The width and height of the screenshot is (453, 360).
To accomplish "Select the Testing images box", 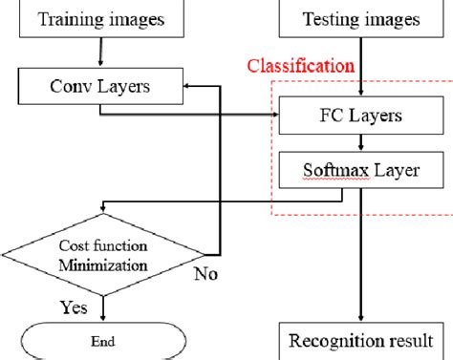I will pos(359,17).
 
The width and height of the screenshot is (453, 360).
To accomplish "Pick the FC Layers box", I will pos(359,116).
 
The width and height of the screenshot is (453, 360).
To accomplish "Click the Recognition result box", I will pos(359,340).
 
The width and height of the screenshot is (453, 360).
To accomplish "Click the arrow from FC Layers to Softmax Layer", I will pos(359,143).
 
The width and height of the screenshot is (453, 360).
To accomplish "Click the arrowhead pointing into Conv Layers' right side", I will pos(188,88).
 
